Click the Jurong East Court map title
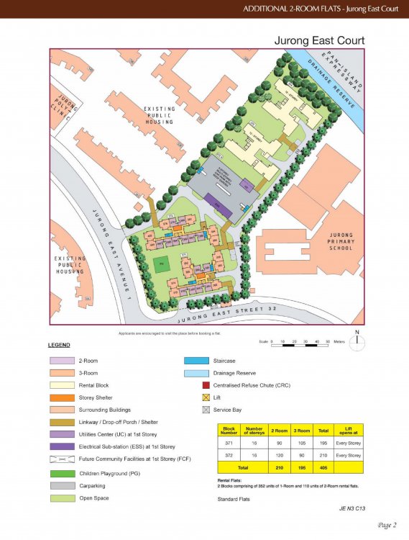tap(319, 40)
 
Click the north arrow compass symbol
tap(357, 343)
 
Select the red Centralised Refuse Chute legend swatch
tap(206, 385)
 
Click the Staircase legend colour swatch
tap(193, 361)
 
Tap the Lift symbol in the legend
tap(206, 397)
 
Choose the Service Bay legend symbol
tap(206, 410)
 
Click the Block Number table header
tap(228, 431)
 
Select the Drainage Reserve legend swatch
tap(193, 373)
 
